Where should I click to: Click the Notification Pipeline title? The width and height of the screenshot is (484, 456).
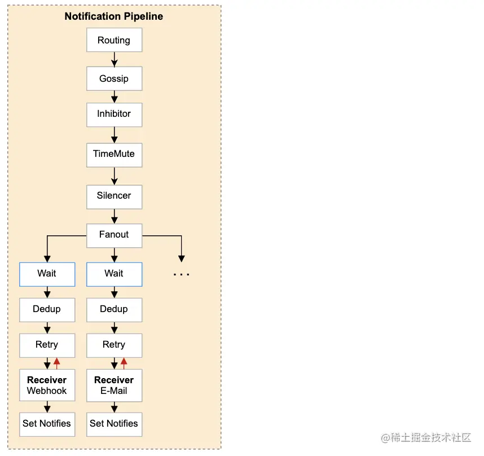[x=113, y=16]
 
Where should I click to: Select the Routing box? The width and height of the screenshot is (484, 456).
[x=114, y=41]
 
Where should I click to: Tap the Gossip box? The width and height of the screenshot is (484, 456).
[x=114, y=79]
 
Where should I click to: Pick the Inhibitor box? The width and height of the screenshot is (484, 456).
[x=114, y=114]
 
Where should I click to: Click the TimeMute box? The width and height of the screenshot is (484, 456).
[x=114, y=154]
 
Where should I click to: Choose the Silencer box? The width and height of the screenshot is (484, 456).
[x=114, y=196]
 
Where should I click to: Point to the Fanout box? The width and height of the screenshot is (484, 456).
[x=114, y=235]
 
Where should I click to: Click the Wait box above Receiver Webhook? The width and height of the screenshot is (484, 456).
[x=47, y=274]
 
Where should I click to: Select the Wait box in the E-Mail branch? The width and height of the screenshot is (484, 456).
[x=114, y=274]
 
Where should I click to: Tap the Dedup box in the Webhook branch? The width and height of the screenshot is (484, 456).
[x=47, y=309]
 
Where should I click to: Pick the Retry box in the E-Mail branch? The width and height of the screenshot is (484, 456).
[x=114, y=345]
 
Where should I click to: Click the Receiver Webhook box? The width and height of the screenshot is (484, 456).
[x=47, y=385]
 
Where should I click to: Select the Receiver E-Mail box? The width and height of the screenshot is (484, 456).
[x=114, y=385]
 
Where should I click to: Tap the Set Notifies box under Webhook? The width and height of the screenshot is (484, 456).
[x=47, y=424]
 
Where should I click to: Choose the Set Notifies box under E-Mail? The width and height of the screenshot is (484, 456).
[x=114, y=424]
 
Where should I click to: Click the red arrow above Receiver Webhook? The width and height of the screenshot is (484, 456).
[x=56, y=363]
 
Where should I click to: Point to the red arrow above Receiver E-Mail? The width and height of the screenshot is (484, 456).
[x=124, y=363]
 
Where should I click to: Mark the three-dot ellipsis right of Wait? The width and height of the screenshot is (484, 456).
[x=181, y=275]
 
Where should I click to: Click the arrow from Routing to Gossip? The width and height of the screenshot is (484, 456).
[x=114, y=59]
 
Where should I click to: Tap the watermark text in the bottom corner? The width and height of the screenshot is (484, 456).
[x=425, y=438]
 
